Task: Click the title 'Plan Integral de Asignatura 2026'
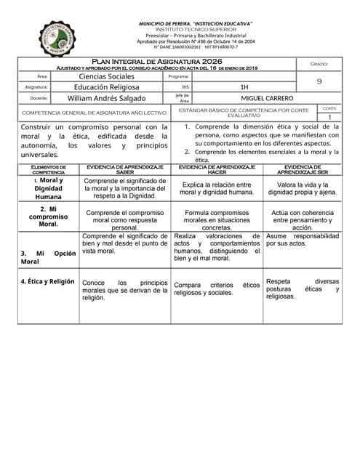click(156, 62)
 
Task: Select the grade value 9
click(319, 82)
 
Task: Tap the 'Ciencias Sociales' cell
click(106, 76)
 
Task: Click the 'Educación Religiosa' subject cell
click(106, 87)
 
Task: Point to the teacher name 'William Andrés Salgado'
click(106, 98)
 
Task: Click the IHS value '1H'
click(244, 87)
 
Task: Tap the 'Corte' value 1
click(329, 117)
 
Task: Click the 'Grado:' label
click(319, 64)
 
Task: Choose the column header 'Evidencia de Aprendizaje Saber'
click(125, 169)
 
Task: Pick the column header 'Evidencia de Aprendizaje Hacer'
click(217, 169)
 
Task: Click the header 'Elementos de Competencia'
click(49, 169)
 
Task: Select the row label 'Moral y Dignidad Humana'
click(49, 188)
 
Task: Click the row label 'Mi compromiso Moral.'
click(49, 217)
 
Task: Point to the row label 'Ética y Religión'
click(47, 281)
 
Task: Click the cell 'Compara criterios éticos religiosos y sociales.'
click(217, 289)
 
